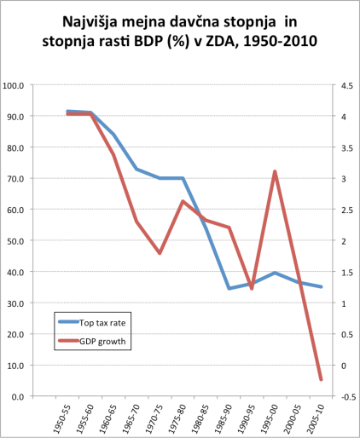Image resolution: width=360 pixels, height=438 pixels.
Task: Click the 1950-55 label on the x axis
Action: coord(62,418)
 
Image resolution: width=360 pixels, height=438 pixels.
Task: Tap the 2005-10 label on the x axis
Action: coord(315,418)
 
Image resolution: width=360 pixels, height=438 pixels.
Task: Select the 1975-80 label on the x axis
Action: coord(177,418)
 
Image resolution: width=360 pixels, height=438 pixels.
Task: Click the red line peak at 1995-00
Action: coord(275,172)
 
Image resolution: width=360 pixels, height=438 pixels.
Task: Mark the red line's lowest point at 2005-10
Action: coord(321,380)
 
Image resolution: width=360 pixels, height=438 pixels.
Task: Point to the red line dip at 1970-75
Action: coord(160,253)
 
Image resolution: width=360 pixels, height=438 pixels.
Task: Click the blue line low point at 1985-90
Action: coord(229,288)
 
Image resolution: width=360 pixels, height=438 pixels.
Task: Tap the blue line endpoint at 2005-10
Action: coord(321,286)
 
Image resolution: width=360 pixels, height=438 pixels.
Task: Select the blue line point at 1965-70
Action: coord(136,169)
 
